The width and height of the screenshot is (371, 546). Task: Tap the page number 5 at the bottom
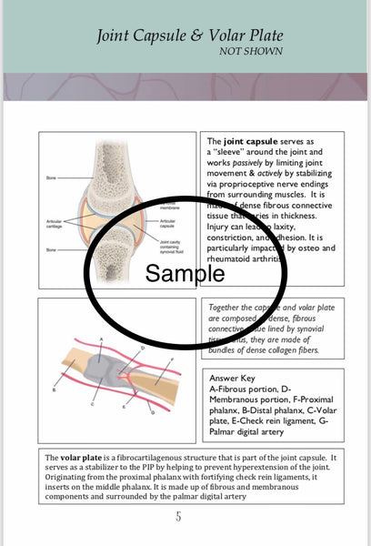tap(178, 517)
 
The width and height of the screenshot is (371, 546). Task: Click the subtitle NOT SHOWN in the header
tap(250, 52)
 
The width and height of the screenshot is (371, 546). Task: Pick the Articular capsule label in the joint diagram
tap(170, 223)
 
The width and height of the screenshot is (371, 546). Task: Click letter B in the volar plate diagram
tap(55, 389)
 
